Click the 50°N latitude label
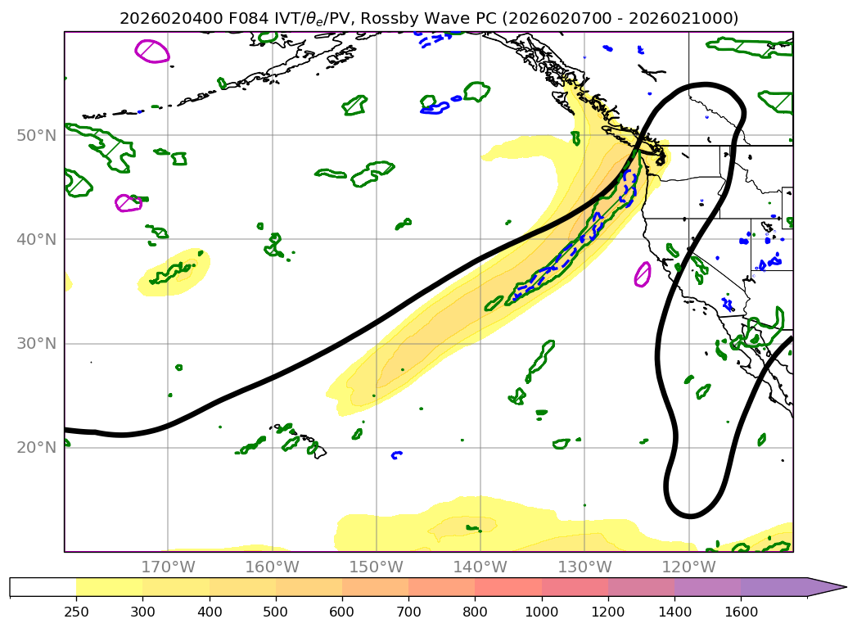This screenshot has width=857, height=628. (36, 136)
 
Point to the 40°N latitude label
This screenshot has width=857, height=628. (36, 239)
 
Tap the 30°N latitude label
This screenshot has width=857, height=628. (36, 343)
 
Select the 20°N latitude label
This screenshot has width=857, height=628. (36, 448)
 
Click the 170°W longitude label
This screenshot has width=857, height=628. (168, 567)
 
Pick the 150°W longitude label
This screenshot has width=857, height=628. (376, 567)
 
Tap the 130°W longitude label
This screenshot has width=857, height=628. (584, 567)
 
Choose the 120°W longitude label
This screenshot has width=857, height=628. (688, 567)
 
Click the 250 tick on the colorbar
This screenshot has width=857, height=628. (76, 611)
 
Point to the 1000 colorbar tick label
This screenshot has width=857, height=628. (542, 611)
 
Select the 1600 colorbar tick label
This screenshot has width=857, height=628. (741, 611)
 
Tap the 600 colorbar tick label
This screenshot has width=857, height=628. (341, 611)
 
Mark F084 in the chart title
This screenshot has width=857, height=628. (249, 19)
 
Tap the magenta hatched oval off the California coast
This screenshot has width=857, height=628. (643, 274)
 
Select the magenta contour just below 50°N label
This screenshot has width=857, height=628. (129, 203)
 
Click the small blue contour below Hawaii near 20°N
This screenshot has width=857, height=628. (397, 454)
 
